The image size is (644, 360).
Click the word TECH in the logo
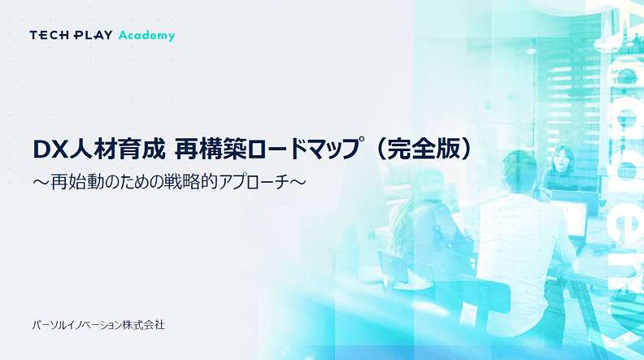tap(49, 35)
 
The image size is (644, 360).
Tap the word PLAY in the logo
tap(93, 35)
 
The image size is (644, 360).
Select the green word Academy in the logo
tap(147, 36)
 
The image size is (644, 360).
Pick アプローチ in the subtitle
tap(254, 182)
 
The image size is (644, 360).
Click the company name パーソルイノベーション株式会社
tap(98, 325)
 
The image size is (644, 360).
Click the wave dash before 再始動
tap(41, 182)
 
